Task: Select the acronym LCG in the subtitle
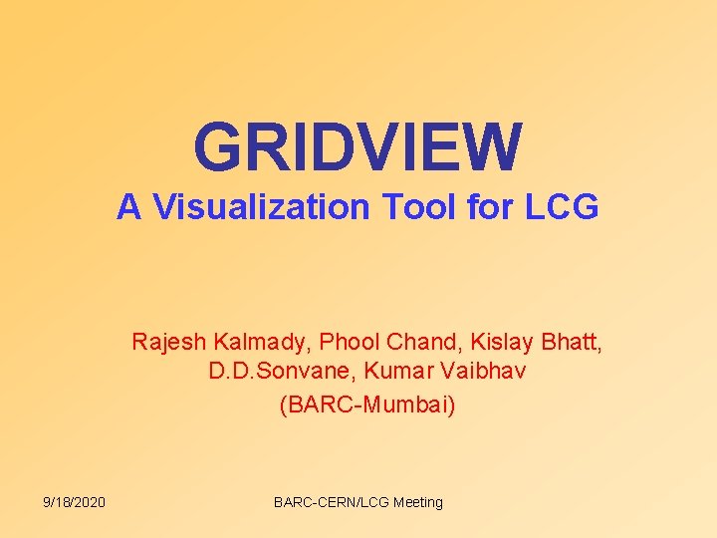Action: point(562,207)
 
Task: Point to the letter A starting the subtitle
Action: point(127,207)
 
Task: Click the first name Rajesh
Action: point(168,343)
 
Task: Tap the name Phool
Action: point(352,343)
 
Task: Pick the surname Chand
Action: point(418,343)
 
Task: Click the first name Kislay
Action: point(497,344)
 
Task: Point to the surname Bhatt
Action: point(572,343)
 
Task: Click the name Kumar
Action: point(394,373)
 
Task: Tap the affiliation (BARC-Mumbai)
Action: point(367,404)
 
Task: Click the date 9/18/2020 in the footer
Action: point(75,502)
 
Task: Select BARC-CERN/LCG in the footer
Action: point(331,502)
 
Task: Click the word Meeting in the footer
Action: point(418,502)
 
